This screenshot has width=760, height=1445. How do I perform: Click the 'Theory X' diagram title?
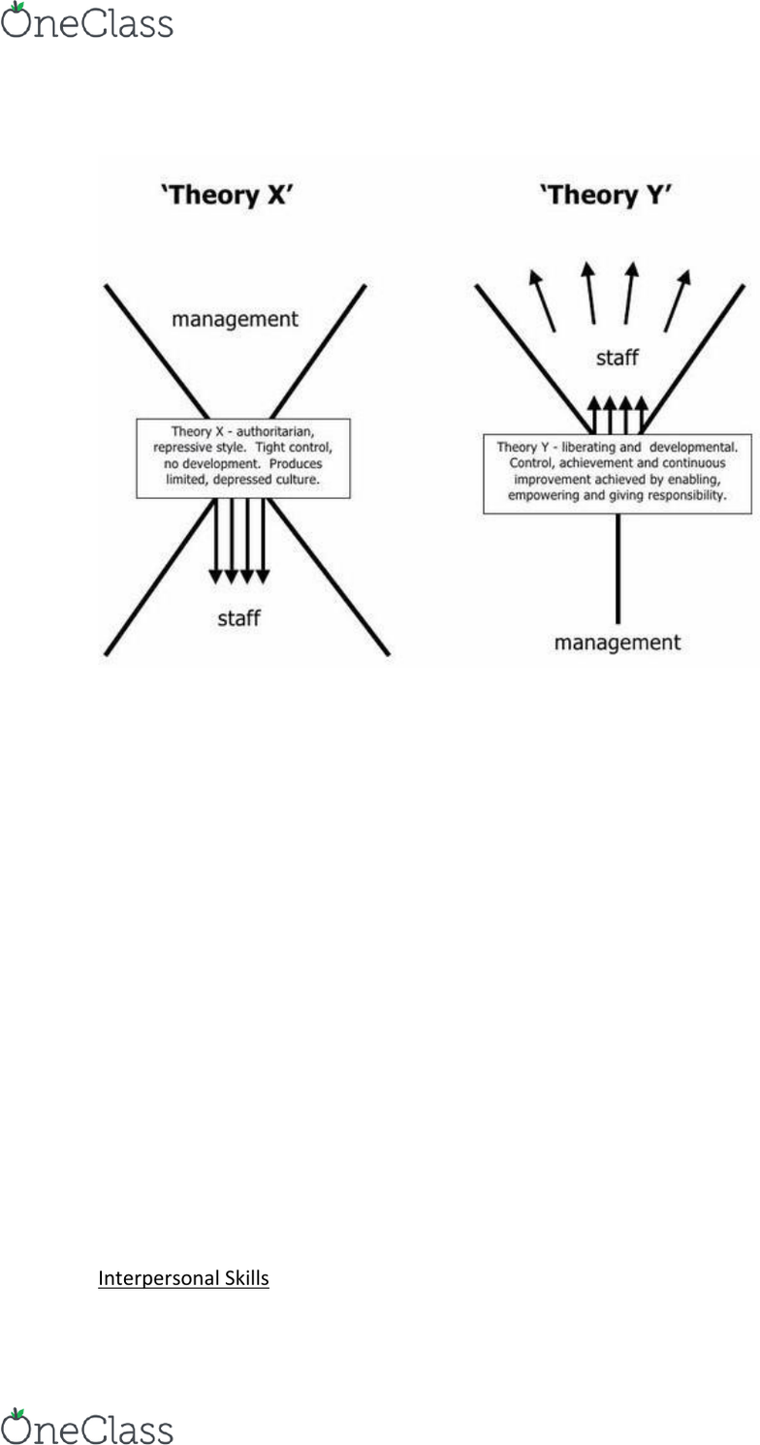227,195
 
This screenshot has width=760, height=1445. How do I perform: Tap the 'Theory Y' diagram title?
606,195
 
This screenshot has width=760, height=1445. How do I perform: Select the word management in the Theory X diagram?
235,319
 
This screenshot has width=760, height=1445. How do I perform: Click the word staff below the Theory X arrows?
238,618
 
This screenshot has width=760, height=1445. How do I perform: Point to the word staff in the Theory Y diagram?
617,358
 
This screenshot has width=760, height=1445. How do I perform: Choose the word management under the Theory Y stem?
617,643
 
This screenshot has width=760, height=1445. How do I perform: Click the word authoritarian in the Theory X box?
275,431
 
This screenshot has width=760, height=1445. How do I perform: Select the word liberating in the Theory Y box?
588,447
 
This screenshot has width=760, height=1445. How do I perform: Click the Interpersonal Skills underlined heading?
183,1278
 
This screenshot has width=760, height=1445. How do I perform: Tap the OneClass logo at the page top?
87,20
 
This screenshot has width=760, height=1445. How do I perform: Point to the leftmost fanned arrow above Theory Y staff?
542,300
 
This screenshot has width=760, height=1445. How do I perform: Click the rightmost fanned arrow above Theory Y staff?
678,300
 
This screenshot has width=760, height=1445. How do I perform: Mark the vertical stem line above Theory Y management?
618,568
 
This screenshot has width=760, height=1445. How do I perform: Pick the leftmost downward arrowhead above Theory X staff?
215,577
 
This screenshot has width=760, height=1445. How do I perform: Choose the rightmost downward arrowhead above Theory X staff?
263,577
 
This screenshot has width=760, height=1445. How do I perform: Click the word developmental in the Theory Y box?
693,447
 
